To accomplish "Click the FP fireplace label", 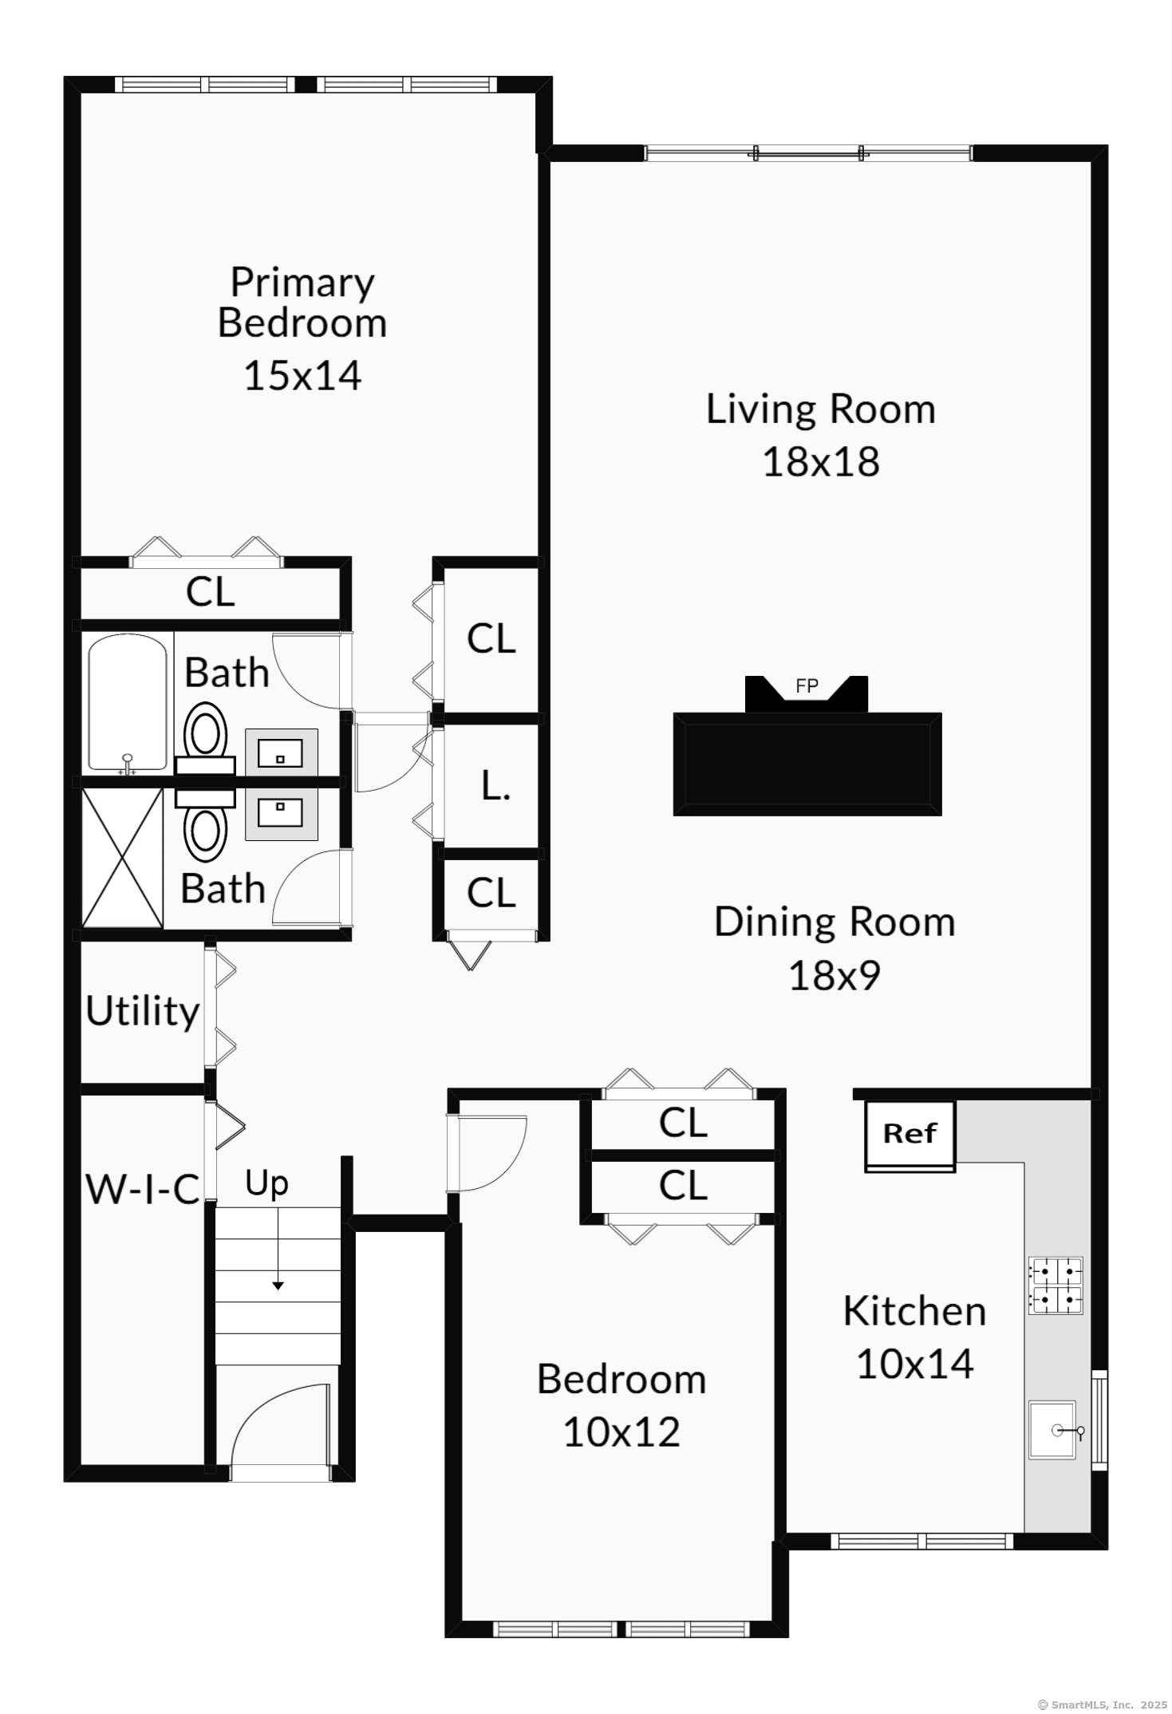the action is (807, 685).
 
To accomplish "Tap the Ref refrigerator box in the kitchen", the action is (910, 1136).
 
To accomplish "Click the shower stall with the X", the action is (123, 858).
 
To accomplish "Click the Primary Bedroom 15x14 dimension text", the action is (302, 375).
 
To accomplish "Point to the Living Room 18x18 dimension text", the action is (821, 461).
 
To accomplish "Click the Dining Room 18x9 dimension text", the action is (835, 975).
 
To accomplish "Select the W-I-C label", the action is (142, 1190).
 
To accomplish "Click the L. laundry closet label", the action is (495, 787).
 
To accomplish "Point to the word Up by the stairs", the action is (266, 1184).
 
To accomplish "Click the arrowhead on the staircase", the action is (278, 1285).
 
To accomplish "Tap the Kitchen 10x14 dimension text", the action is (915, 1364).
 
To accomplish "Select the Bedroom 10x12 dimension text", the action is (622, 1432).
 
